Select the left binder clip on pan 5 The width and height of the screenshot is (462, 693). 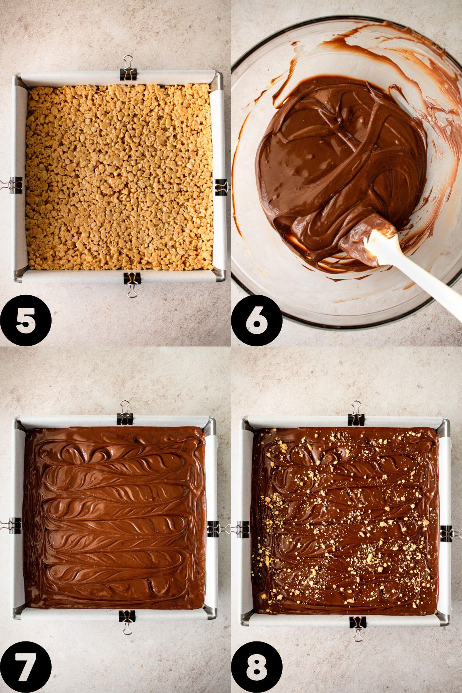[x=10, y=186]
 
